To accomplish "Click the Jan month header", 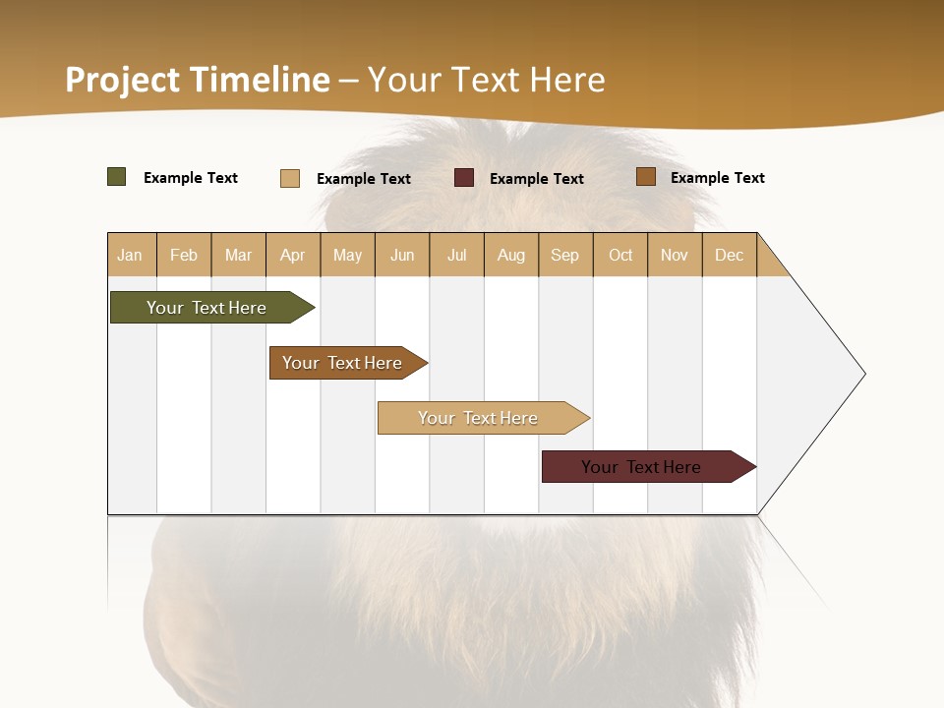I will tap(131, 255).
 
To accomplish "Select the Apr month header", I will tap(293, 255).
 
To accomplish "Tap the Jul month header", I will tap(457, 255).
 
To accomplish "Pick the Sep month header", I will tap(565, 255).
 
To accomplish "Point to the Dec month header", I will tap(730, 255).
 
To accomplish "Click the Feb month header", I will tap(184, 255).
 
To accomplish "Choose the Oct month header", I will tap(620, 255).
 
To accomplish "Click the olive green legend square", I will tap(117, 177).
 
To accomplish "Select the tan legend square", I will tap(290, 178).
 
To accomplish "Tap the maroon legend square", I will tap(464, 178).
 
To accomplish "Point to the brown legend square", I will tap(646, 177).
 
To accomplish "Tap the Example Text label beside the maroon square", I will tap(537, 179).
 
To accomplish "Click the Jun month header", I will tap(402, 255).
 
